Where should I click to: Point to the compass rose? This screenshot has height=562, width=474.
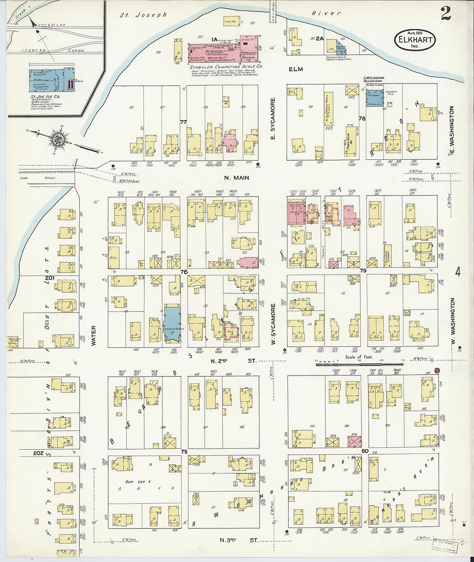point(56,139)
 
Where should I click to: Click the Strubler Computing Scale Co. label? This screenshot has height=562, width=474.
point(226,67)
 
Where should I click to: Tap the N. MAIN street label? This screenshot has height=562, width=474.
point(236,177)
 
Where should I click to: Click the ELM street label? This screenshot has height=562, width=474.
point(296,69)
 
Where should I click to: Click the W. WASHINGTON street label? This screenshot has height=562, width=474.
point(452,317)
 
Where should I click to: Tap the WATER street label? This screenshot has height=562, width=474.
point(94,335)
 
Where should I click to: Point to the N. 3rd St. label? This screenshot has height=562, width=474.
point(238,540)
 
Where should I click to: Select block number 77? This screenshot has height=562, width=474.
point(183,122)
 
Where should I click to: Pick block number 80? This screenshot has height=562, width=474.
point(365,451)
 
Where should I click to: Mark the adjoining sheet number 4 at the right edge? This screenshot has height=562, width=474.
point(458,272)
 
